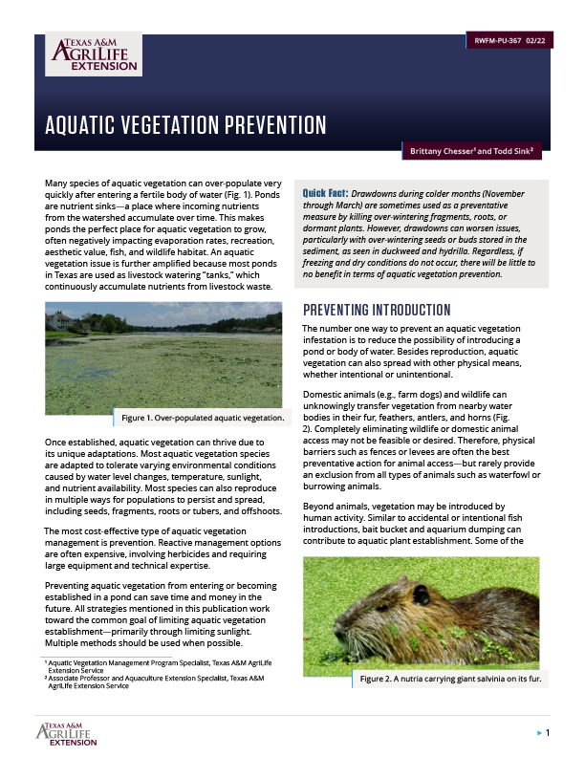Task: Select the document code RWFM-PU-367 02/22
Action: pos(510,41)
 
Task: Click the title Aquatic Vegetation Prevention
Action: pos(185,126)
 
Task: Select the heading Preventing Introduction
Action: pos(376,311)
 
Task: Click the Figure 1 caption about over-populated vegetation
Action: pos(202,418)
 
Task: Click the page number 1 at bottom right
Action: pos(548,733)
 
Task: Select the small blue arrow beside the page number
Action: pos(537,733)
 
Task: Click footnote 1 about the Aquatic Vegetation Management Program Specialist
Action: pos(143,664)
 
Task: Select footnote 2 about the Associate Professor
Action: pos(143,681)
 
